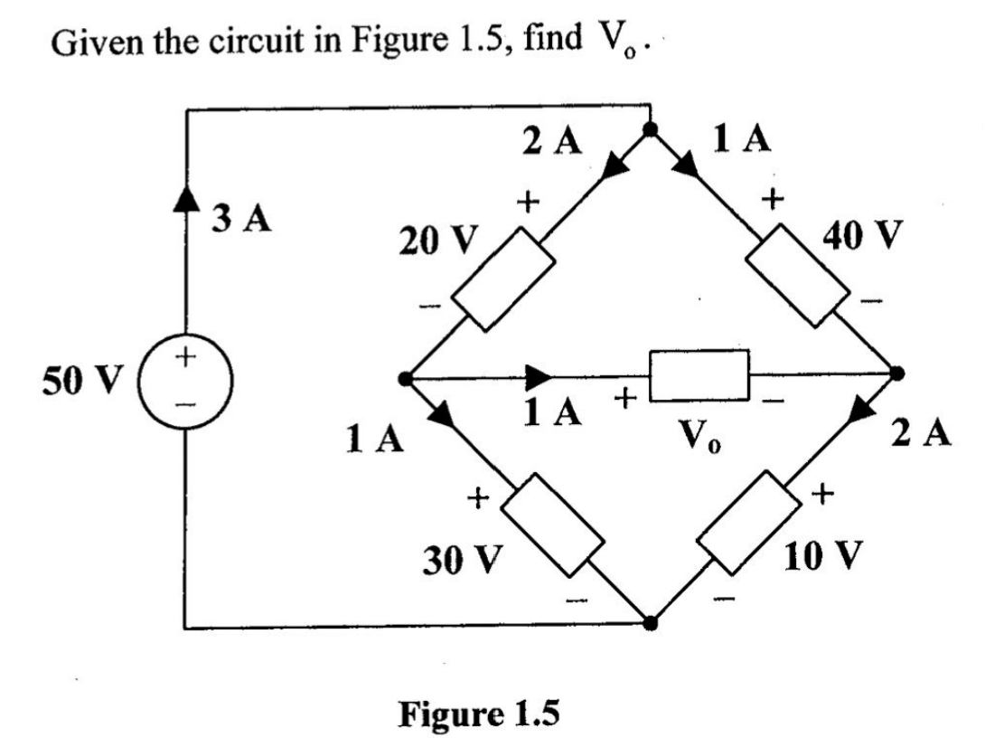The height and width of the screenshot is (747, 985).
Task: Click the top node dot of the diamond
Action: [649, 129]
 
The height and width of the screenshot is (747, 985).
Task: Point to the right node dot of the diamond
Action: [896, 373]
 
